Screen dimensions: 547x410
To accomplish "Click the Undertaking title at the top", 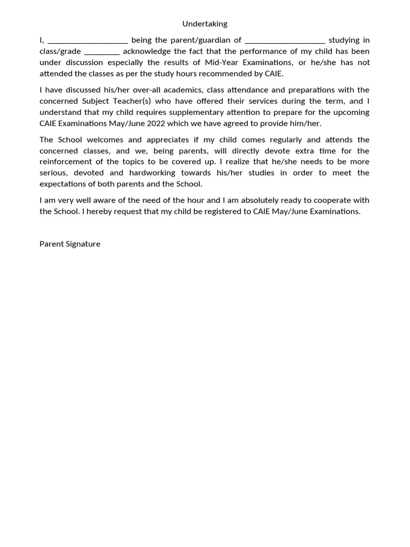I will (x=204, y=24).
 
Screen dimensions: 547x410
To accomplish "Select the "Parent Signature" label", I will (x=70, y=244).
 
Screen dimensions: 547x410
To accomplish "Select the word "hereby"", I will (x=100, y=211).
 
